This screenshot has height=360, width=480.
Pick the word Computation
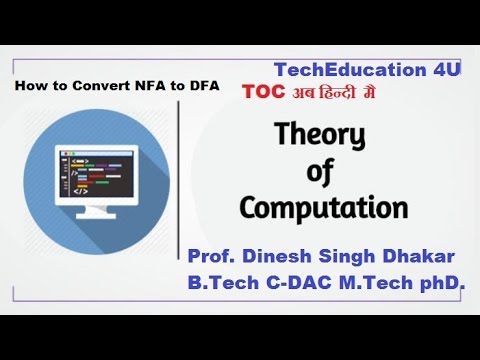pos(323,208)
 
